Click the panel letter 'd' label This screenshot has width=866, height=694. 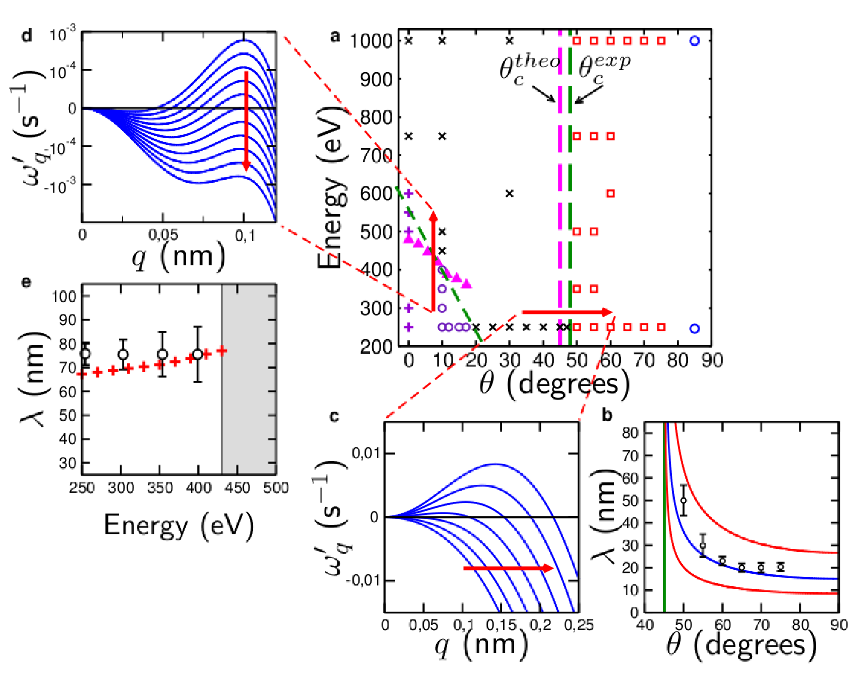(27, 36)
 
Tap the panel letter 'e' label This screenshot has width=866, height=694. (26, 282)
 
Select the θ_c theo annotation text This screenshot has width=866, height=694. (529, 71)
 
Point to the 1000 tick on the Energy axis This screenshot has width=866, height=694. (371, 41)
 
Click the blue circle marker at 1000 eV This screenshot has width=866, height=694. (695, 41)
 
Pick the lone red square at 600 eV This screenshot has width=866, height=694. (610, 194)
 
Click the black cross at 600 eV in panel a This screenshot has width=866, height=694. (509, 194)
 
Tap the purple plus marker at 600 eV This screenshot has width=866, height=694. (409, 194)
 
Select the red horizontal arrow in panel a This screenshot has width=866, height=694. (567, 312)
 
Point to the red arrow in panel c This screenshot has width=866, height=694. (509, 568)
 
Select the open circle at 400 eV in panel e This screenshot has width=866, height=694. (198, 354)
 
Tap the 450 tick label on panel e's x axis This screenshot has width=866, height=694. (237, 488)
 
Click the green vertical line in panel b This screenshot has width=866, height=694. (664, 517)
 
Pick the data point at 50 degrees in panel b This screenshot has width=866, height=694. (683, 500)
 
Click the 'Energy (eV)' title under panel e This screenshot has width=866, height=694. (179, 526)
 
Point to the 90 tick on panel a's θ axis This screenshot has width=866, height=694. (712, 360)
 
